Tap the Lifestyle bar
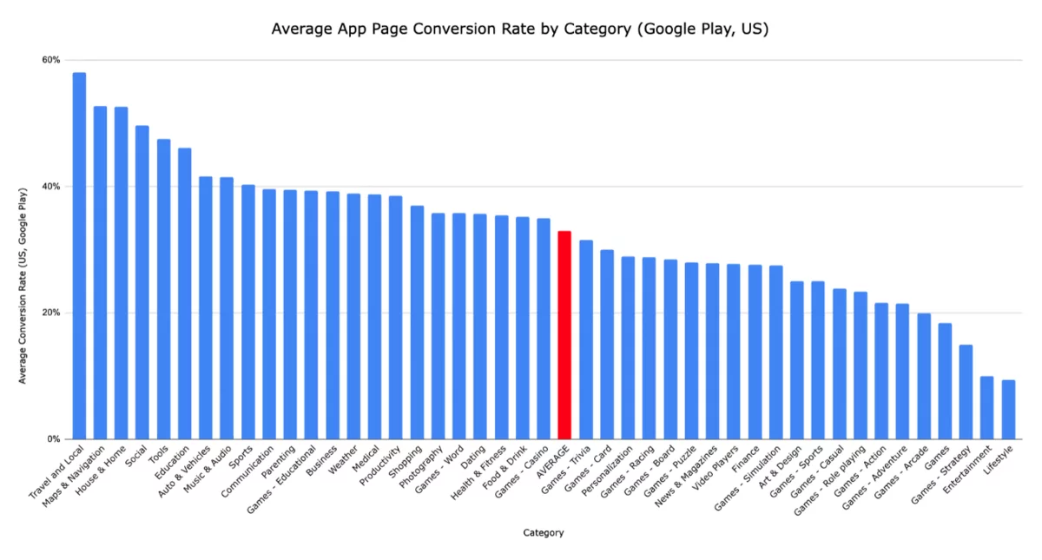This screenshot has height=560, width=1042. (x=1008, y=409)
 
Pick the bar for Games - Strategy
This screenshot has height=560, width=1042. (x=966, y=392)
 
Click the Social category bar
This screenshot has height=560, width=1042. (x=142, y=282)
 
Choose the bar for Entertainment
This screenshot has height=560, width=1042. (x=987, y=407)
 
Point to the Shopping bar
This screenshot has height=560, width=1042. (x=417, y=322)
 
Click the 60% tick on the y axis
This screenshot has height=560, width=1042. (x=50, y=60)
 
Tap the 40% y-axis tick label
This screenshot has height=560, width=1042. (x=50, y=187)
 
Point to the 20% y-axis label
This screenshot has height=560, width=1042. (x=50, y=313)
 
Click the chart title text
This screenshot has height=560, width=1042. (x=520, y=29)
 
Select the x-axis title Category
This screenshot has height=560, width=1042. (x=544, y=533)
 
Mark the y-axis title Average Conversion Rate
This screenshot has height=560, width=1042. (x=23, y=286)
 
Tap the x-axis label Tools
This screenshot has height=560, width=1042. (x=158, y=456)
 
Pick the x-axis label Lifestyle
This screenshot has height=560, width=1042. (x=999, y=461)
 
